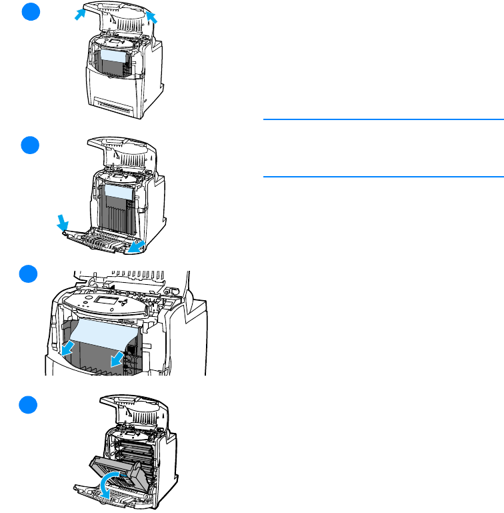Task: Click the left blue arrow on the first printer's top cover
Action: (x=80, y=14)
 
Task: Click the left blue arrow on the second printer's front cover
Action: (x=61, y=222)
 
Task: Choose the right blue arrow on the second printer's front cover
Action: (x=137, y=247)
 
